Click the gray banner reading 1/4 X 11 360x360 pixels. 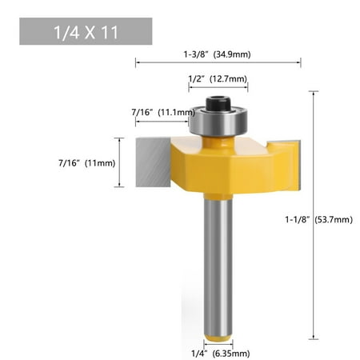pyautogui.click(x=86, y=31)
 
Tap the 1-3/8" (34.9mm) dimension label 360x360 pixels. pyautogui.click(x=217, y=54)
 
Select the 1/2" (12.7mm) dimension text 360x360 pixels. pyautogui.click(x=218, y=79)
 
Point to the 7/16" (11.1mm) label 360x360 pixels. pyautogui.click(x=163, y=112)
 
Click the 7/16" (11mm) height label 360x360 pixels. pyautogui.click(x=87, y=163)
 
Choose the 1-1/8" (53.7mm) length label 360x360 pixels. pyautogui.click(x=319, y=219)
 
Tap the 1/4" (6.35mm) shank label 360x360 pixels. pyautogui.click(x=221, y=354)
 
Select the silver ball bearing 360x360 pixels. pyautogui.click(x=218, y=122)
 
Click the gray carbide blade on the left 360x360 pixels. pyautogui.click(x=153, y=162)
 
